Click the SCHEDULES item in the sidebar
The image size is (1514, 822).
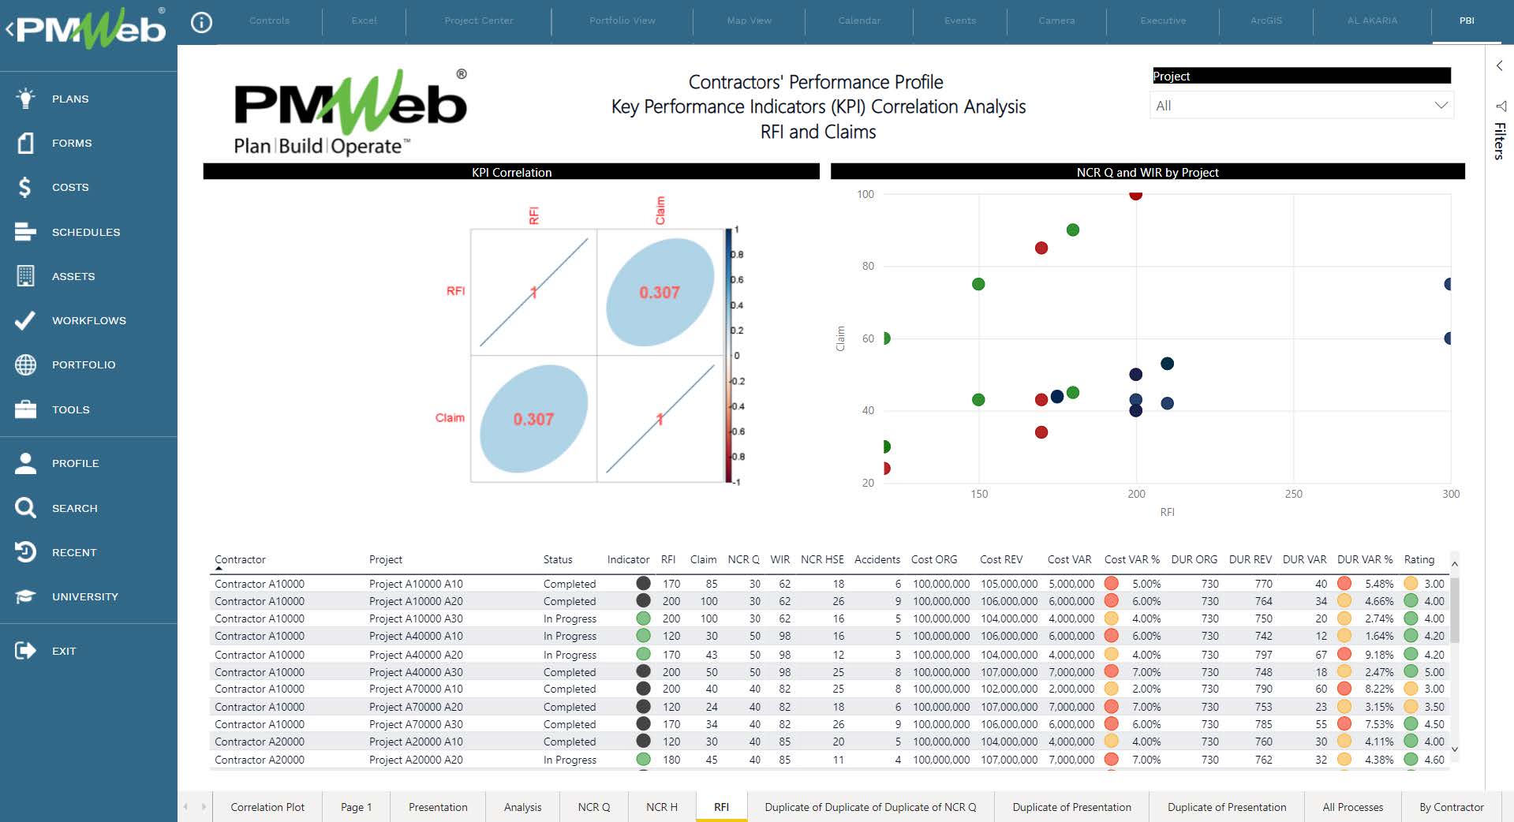85,232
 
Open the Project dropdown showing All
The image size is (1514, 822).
1301,106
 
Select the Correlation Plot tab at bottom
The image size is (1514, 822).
267,807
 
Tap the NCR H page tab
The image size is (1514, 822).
661,807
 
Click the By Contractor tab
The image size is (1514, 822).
1451,807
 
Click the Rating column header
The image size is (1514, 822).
1419,559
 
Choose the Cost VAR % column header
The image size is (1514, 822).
1131,559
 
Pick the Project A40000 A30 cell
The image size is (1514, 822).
416,672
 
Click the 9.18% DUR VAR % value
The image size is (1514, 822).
1379,655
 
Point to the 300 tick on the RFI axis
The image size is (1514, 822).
1451,494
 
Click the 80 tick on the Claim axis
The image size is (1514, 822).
868,267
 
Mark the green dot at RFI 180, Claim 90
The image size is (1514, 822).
1072,230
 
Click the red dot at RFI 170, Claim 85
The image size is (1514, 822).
1041,248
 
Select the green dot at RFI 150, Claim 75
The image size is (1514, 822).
978,284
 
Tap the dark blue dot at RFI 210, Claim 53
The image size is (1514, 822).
1167,364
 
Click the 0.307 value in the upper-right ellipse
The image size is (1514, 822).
660,293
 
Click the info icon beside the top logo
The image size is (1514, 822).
201,23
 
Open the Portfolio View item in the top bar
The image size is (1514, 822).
622,21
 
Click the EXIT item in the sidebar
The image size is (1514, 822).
63,651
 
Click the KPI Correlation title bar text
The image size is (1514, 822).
511,172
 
